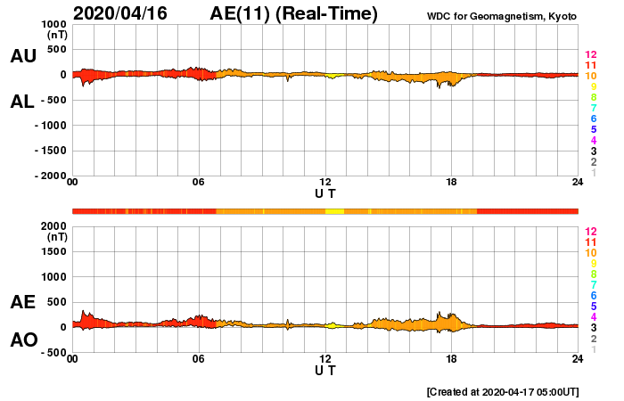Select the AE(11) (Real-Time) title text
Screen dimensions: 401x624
point(293,13)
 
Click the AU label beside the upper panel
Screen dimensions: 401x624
point(23,56)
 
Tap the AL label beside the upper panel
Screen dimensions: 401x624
point(22,102)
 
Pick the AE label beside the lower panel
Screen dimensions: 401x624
point(23,303)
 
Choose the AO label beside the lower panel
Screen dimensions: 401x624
point(23,340)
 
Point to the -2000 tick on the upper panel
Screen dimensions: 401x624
point(50,176)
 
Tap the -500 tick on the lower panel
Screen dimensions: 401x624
point(52,353)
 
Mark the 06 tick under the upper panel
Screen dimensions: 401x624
point(199,183)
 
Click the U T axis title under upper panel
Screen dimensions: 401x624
point(325,192)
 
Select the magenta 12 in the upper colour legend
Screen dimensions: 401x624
point(590,55)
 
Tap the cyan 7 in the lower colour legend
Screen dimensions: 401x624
point(590,284)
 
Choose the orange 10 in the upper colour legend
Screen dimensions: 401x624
point(590,77)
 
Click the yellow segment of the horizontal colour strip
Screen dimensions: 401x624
point(334,210)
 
